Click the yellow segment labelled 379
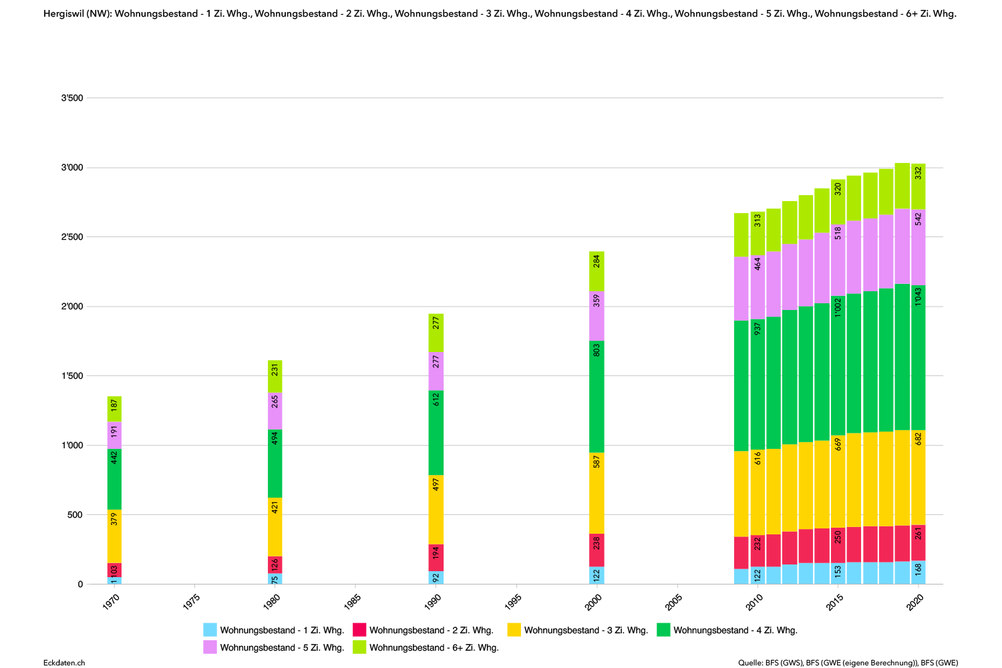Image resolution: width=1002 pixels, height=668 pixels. (114, 536)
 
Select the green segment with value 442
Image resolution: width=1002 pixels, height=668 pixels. (114, 479)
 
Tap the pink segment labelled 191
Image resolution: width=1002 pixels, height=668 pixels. (114, 435)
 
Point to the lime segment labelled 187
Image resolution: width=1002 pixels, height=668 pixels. (114, 409)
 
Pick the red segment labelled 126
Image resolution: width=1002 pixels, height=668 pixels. (275, 565)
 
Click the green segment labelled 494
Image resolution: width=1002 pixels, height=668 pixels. (275, 464)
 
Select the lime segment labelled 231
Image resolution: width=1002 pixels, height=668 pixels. (275, 376)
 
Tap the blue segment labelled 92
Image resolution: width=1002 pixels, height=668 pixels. (436, 578)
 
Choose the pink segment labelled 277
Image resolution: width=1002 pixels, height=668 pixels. (436, 371)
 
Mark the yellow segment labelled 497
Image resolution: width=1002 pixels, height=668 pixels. (436, 510)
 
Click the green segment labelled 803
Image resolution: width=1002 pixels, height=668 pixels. (597, 397)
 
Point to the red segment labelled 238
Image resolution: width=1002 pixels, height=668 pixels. (597, 550)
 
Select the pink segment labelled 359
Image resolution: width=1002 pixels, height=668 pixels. (597, 316)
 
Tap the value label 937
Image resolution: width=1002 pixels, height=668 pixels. (758, 328)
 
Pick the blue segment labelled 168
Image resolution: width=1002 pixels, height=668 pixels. (918, 572)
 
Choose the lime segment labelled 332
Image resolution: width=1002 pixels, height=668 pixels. (918, 186)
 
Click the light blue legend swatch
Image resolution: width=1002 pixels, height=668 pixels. (210, 630)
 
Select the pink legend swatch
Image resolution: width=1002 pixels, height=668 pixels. (210, 647)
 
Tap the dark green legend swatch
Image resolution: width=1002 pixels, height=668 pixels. (663, 630)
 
